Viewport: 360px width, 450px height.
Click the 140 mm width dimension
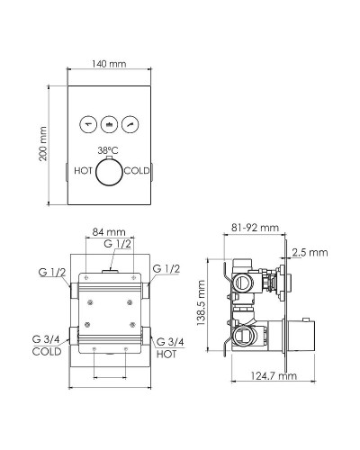tap(109, 64)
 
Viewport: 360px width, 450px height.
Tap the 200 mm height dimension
tap(43, 144)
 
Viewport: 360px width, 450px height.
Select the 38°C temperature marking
tap(108, 150)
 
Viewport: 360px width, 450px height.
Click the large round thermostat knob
tap(109, 172)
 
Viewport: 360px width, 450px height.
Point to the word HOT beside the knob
tap(83, 171)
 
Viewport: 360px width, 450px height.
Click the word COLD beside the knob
tap(137, 171)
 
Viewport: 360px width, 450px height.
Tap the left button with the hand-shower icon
tap(88, 124)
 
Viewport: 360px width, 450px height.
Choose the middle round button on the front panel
tap(109, 124)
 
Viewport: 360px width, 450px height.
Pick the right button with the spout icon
tap(130, 124)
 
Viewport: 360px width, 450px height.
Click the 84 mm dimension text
tap(109, 232)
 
